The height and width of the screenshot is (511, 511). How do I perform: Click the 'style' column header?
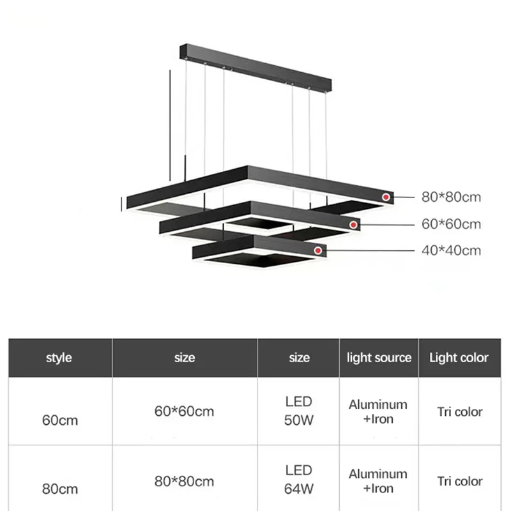point(59,358)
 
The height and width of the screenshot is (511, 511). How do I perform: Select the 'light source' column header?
point(379,358)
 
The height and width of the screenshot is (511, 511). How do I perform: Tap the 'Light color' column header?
point(459,358)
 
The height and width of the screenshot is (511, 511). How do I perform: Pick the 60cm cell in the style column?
point(59,420)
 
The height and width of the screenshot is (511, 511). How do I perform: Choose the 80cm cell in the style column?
point(59,489)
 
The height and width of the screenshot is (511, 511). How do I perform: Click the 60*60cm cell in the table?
point(184,411)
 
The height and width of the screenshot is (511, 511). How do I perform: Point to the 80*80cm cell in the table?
point(184,481)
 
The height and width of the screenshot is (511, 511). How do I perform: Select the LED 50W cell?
point(299,410)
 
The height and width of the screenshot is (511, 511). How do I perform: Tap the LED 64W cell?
point(299,480)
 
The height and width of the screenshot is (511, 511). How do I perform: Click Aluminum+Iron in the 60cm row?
point(378,411)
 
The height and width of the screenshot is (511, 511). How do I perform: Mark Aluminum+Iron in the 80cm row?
point(378,481)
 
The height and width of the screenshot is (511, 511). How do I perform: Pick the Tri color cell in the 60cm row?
point(459,412)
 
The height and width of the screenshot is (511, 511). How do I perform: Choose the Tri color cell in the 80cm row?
point(459,481)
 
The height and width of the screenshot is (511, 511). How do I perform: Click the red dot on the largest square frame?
point(386,197)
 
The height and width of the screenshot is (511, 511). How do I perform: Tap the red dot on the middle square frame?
point(353,224)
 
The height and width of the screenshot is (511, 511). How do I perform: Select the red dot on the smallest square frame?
point(317,251)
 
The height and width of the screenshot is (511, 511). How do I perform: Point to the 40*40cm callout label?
point(451,250)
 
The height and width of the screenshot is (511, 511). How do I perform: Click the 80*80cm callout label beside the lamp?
point(451,197)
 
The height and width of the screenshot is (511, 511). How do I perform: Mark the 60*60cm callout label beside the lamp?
point(451,224)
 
